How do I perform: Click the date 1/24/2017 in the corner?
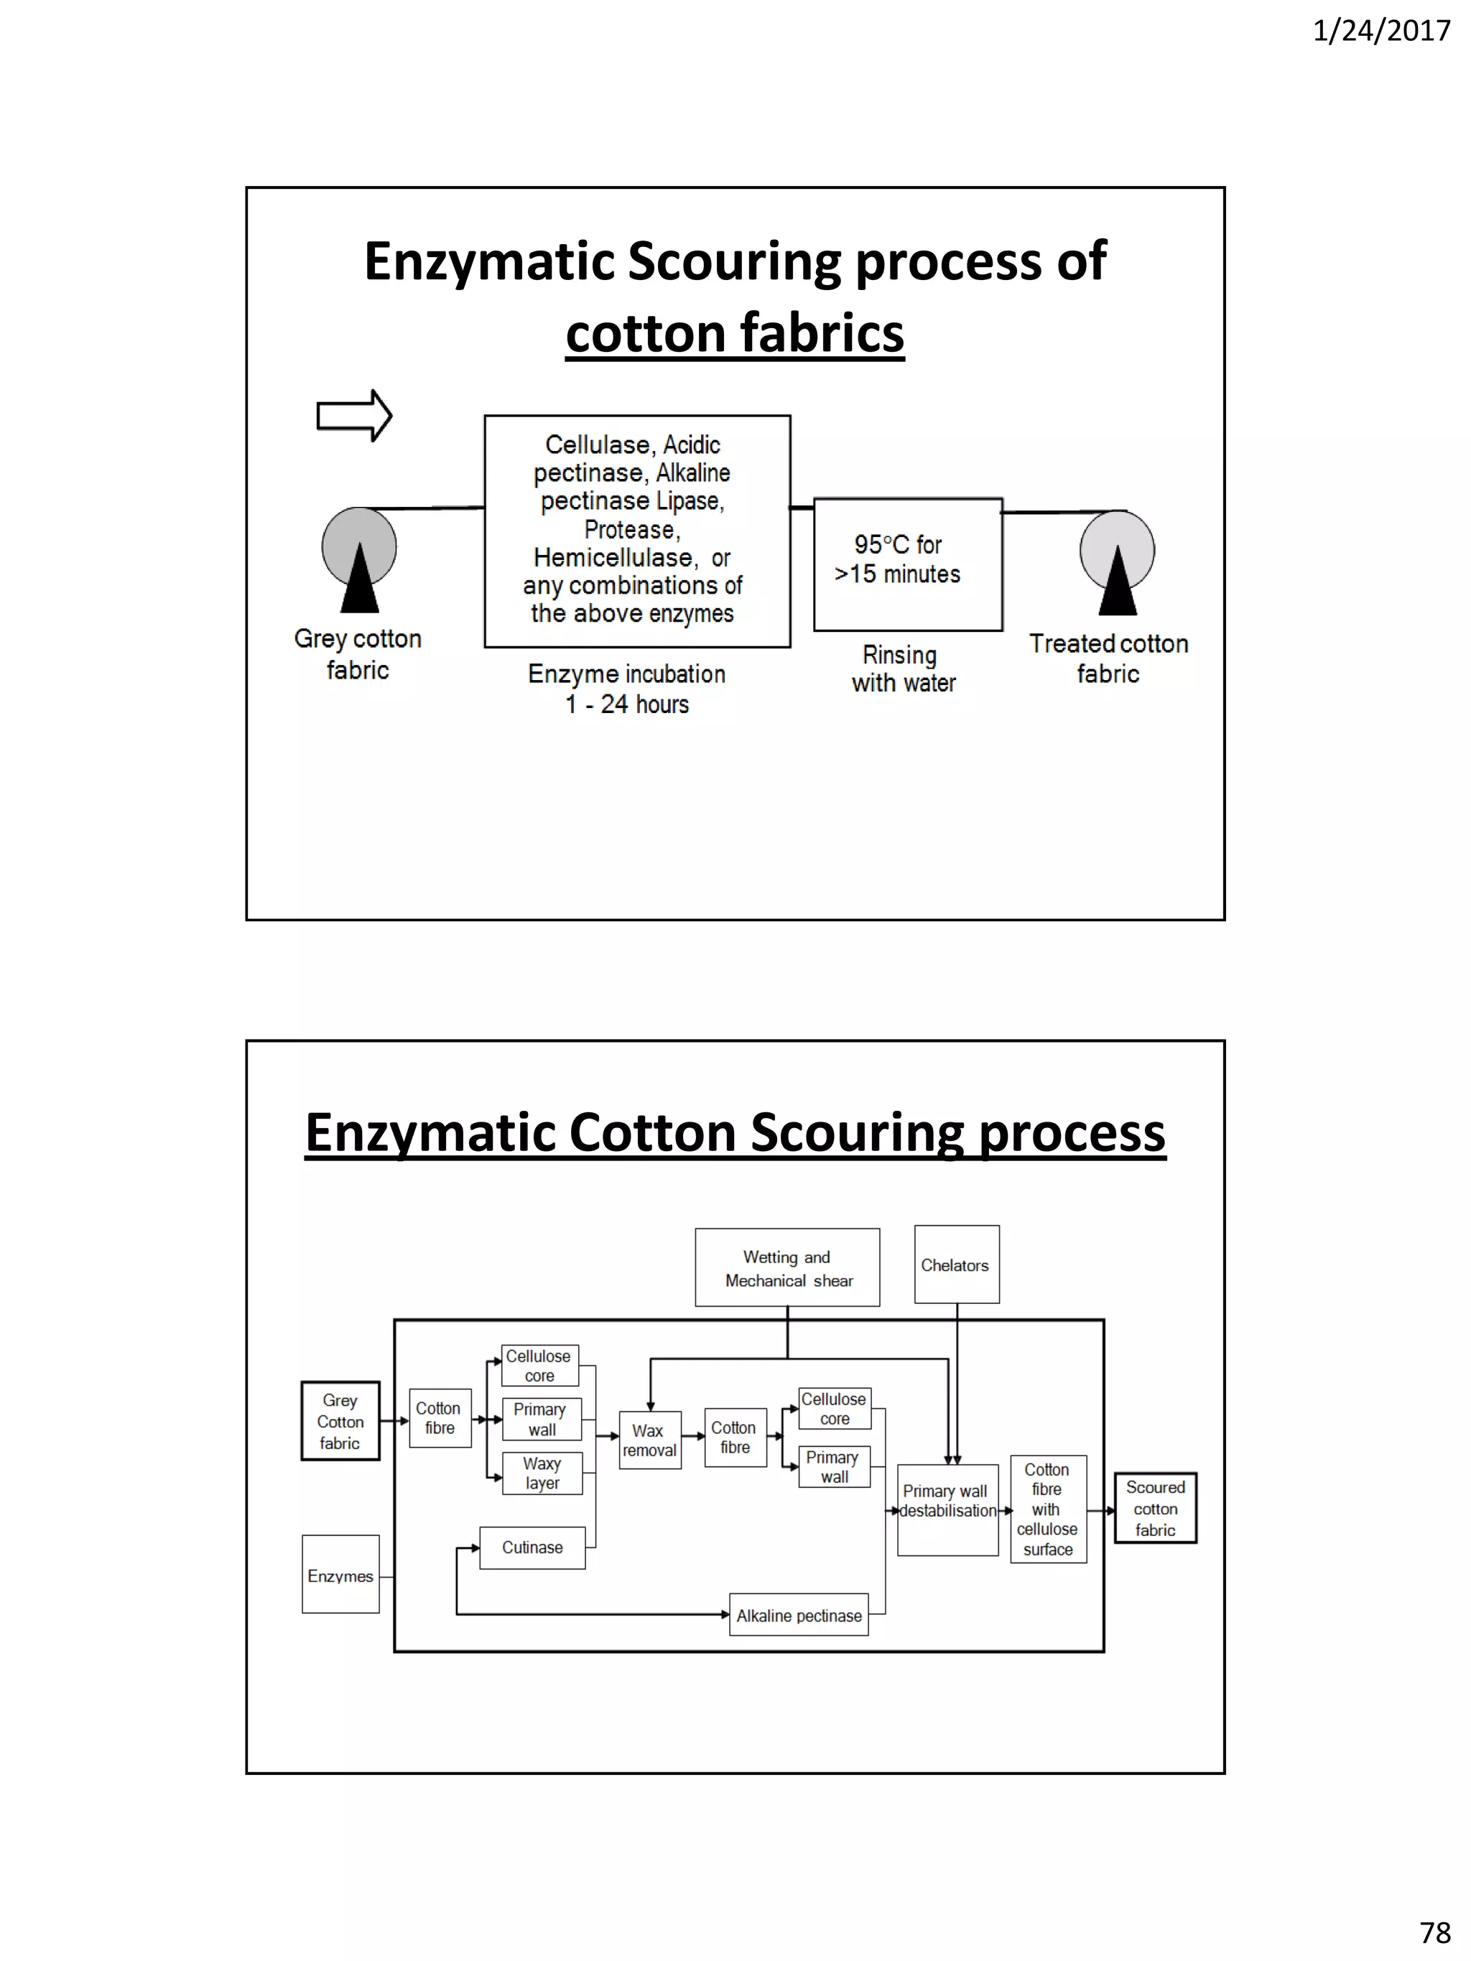1380,31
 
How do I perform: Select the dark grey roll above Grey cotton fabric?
359,543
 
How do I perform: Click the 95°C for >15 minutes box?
907,564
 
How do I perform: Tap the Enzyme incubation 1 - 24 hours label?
627,689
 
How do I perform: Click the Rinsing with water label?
903,669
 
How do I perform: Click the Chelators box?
956,1265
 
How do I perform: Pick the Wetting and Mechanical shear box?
787,1268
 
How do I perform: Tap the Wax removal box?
649,1440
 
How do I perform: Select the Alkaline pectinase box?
798,1615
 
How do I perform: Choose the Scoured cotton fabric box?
1154,1508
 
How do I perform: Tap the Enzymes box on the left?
340,1575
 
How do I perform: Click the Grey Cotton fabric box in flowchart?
340,1421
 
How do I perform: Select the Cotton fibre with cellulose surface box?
1047,1509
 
